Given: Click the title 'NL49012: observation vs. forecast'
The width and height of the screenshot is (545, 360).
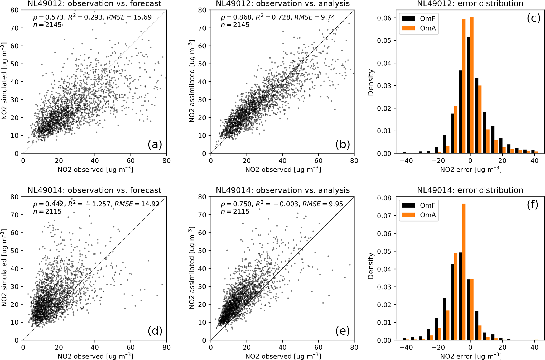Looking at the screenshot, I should point(94,4).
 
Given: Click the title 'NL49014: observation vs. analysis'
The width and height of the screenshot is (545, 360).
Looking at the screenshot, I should point(283,190).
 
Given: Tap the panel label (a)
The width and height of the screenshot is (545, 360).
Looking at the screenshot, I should point(155,144).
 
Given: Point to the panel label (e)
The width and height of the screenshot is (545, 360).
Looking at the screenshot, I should point(343,331).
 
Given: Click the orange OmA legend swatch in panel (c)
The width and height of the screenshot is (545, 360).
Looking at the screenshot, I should point(408,28).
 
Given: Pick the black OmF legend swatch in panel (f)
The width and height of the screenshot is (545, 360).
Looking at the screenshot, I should point(408,205).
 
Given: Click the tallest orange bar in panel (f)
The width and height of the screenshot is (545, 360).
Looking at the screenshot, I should point(464,272).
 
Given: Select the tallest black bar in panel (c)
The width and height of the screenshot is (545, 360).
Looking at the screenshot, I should point(469,95).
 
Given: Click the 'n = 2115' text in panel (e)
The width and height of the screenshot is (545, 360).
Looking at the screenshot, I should point(235,212).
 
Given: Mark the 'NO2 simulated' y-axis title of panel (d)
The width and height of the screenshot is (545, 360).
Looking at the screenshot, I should point(4,268).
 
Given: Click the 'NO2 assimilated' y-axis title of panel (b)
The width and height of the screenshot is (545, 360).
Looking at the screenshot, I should point(192,81).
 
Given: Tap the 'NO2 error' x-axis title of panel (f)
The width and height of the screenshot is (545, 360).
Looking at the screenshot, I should point(471,356).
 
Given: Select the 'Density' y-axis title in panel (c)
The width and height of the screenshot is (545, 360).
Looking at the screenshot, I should point(371,82).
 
